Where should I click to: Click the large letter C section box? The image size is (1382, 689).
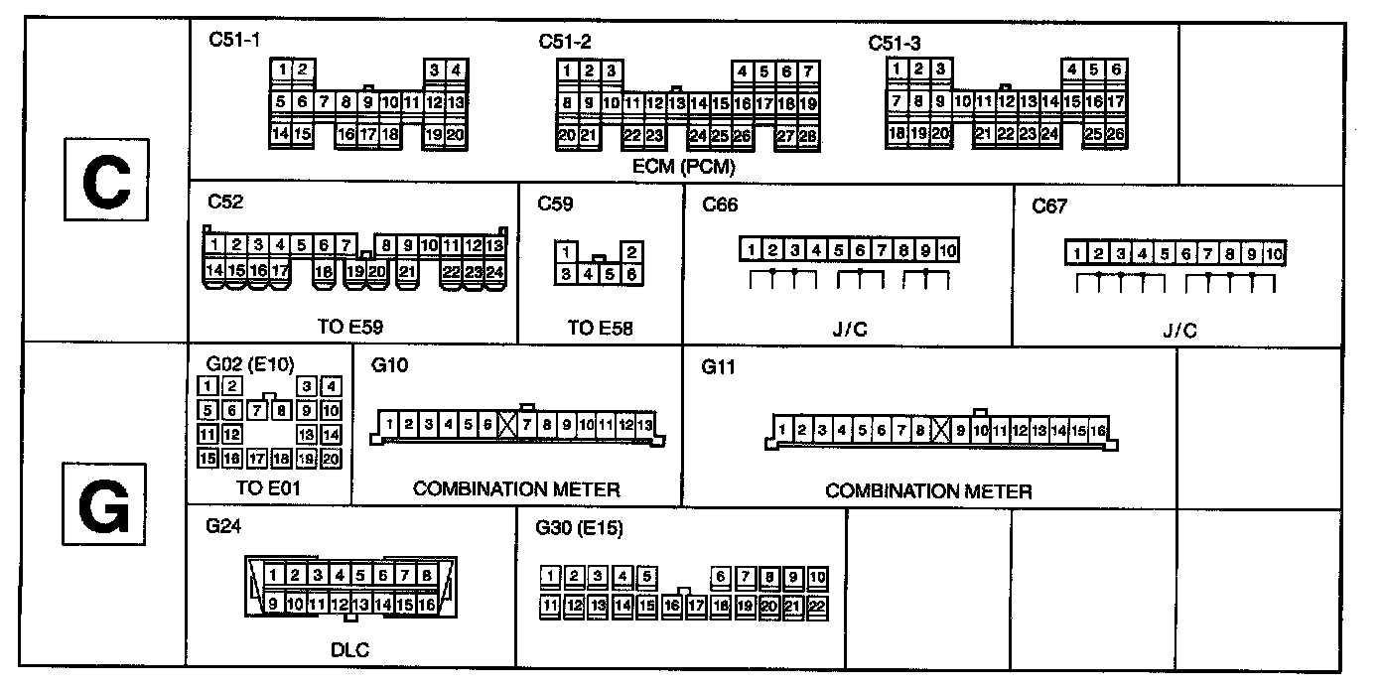point(105,180)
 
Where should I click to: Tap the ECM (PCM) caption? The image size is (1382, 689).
point(685,167)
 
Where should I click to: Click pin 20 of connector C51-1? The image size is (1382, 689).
point(456,133)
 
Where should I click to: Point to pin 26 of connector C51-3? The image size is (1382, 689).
point(1115,133)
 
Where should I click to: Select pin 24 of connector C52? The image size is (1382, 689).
point(494,270)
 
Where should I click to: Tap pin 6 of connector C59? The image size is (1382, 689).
point(630,274)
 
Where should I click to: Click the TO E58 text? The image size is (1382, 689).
point(600,324)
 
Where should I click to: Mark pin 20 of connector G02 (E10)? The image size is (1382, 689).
point(331,458)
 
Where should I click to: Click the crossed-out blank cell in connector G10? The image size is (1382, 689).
point(507,425)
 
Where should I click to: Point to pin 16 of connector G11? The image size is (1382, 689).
point(1098,430)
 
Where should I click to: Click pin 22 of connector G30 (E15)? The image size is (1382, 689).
point(817,604)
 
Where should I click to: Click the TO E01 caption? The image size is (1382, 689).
point(268,487)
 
